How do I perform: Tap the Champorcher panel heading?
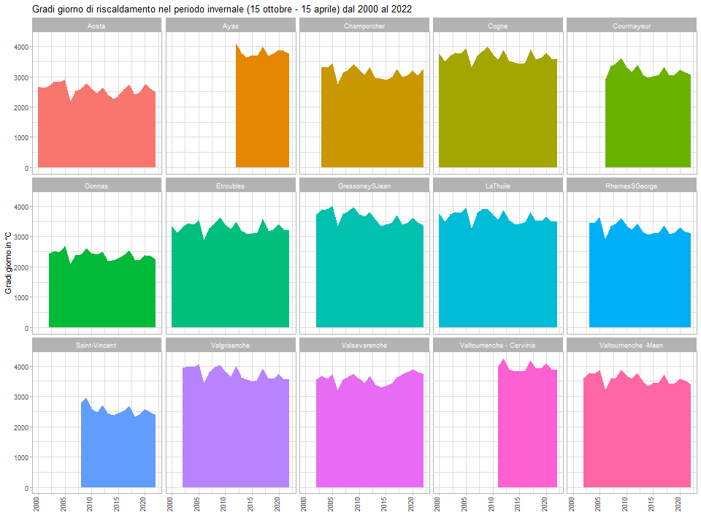pyautogui.click(x=364, y=26)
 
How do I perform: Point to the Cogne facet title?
pyautogui.click(x=497, y=26)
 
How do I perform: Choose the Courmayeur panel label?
pyautogui.click(x=631, y=26)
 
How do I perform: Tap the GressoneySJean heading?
pyautogui.click(x=364, y=186)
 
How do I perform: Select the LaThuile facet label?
pyautogui.click(x=497, y=186)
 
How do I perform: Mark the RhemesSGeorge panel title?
pyautogui.click(x=631, y=186)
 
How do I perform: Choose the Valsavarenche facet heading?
pyautogui.click(x=364, y=345)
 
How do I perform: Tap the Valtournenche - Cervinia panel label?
pyautogui.click(x=497, y=345)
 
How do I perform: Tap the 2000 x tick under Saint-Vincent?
pyautogui.click(x=37, y=505)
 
